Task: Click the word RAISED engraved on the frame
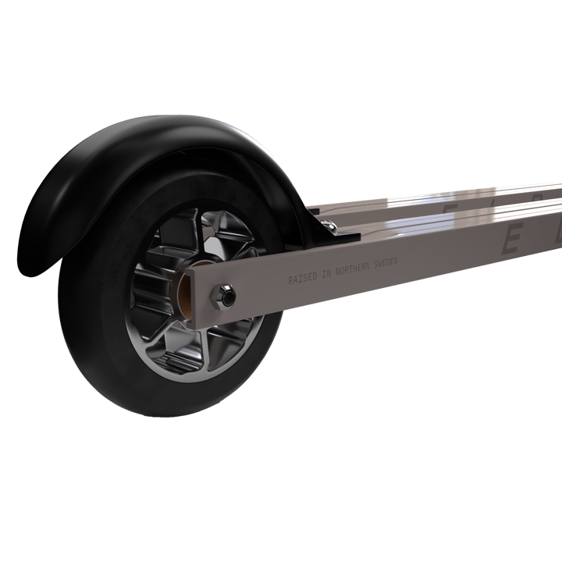click(x=303, y=278)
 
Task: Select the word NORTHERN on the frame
click(x=350, y=270)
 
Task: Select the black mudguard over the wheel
click(x=117, y=172)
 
